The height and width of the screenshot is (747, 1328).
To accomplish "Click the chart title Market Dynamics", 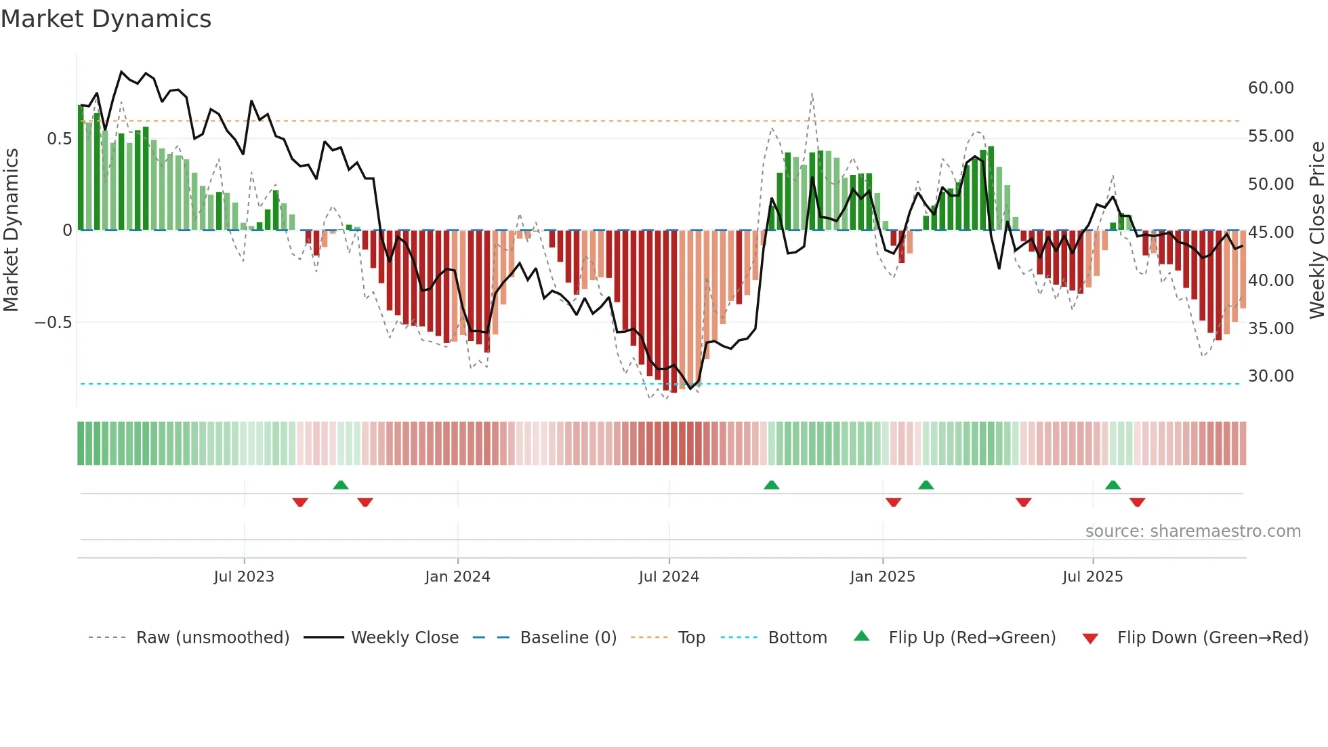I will click(106, 19).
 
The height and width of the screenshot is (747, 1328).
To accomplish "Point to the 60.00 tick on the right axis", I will click(1270, 88).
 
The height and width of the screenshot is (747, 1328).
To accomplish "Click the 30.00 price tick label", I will click(1270, 376).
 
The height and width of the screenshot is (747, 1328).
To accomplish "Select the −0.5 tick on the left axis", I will click(53, 323).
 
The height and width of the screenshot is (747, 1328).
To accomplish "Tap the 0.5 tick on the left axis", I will click(59, 139).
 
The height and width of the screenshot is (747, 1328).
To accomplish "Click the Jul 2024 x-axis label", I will click(668, 577).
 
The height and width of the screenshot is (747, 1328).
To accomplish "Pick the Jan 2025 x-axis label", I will click(882, 577).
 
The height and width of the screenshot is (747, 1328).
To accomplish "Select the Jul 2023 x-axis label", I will click(243, 577).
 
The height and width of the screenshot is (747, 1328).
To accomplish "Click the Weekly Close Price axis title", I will click(1316, 230).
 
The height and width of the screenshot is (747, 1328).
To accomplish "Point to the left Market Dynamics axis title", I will click(11, 230).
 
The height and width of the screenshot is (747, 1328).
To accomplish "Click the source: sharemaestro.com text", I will click(1192, 531).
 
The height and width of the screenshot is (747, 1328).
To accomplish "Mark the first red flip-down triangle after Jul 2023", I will click(300, 502).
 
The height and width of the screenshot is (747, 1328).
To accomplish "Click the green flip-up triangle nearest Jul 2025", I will click(1113, 485).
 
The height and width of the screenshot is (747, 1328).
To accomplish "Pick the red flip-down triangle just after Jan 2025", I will click(893, 502).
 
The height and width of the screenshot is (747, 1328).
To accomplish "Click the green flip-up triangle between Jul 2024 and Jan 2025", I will click(771, 485).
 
